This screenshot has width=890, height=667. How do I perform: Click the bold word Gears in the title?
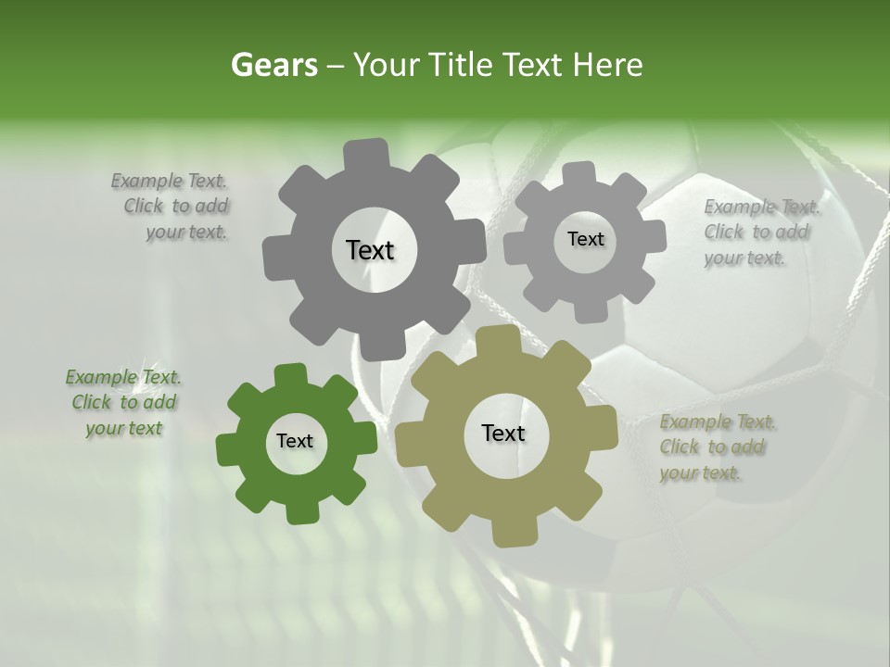pyautogui.click(x=273, y=65)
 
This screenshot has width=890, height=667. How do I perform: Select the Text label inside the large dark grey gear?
pyautogui.click(x=370, y=250)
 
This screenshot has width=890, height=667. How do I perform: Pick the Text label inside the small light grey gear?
pyautogui.click(x=585, y=239)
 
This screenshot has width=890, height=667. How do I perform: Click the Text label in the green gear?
pyautogui.click(x=295, y=441)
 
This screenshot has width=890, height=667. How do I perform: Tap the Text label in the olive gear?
pyautogui.click(x=503, y=433)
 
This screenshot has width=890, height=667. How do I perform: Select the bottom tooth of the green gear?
pyautogui.click(x=299, y=510)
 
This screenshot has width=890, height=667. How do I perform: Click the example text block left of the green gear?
pyautogui.click(x=123, y=403)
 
